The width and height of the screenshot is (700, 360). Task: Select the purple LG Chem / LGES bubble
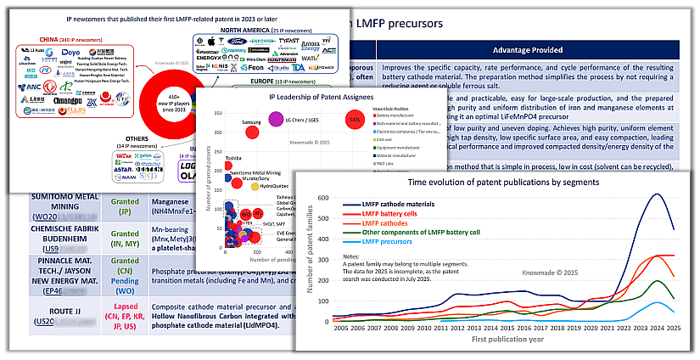point(276,119)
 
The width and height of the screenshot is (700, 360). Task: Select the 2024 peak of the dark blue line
point(657,194)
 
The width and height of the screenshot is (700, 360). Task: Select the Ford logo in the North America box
point(233,39)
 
